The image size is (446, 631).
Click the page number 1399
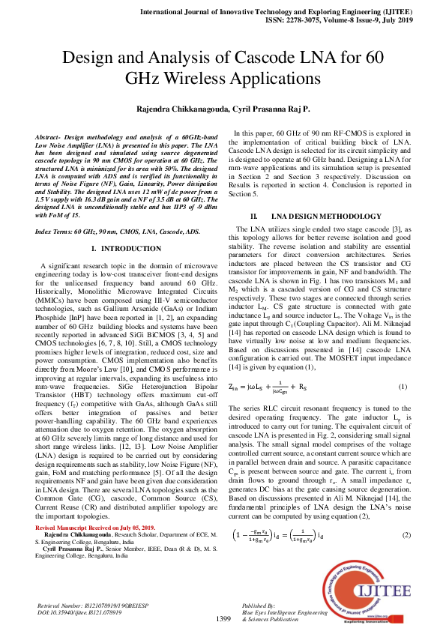(223, 618)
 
